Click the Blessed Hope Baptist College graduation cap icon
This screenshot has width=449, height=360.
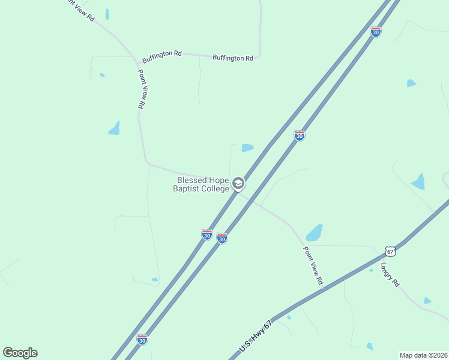238,184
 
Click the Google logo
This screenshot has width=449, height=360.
20,353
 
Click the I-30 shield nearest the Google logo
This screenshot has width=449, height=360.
142,340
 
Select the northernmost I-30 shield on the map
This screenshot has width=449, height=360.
376,32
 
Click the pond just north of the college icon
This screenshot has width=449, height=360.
247,148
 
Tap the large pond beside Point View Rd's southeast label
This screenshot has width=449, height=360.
314,232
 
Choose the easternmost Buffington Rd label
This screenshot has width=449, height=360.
233,58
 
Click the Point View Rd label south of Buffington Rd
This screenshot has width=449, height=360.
142,89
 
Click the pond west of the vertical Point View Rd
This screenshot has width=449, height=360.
114,128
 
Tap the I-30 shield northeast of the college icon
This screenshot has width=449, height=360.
300,136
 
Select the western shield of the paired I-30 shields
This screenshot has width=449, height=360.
207,235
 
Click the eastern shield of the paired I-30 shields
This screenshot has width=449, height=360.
222,238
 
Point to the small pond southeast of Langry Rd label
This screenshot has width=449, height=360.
427,301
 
